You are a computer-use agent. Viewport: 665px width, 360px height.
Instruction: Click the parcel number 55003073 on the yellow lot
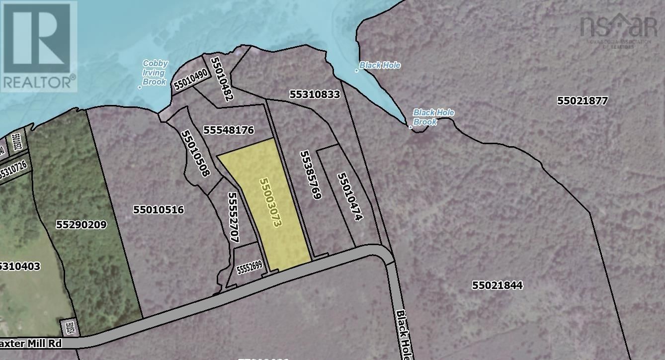click(x=271, y=202)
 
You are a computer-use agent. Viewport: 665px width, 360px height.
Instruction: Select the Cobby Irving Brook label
click(x=155, y=73)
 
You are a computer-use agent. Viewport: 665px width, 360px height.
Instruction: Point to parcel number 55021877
click(x=582, y=100)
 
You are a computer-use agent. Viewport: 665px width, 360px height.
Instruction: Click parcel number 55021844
click(x=498, y=285)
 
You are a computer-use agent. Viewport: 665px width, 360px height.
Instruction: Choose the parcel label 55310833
click(x=315, y=94)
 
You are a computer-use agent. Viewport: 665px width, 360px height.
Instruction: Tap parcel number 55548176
click(x=229, y=130)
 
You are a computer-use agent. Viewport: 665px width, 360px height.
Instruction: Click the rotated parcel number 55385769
click(x=309, y=175)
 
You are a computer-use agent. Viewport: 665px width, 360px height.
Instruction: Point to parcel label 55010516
click(x=159, y=210)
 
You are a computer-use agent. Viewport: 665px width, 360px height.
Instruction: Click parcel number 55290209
click(x=81, y=225)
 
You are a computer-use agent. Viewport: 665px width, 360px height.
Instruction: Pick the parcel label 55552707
click(x=234, y=217)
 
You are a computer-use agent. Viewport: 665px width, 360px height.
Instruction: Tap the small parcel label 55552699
click(x=249, y=269)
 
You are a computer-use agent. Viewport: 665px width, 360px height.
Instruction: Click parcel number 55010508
click(x=195, y=153)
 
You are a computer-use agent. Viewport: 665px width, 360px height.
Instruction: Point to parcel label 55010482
click(x=222, y=79)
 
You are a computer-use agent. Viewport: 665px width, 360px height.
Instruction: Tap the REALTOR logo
click(x=39, y=46)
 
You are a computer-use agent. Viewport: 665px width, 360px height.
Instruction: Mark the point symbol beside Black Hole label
click(x=357, y=70)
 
